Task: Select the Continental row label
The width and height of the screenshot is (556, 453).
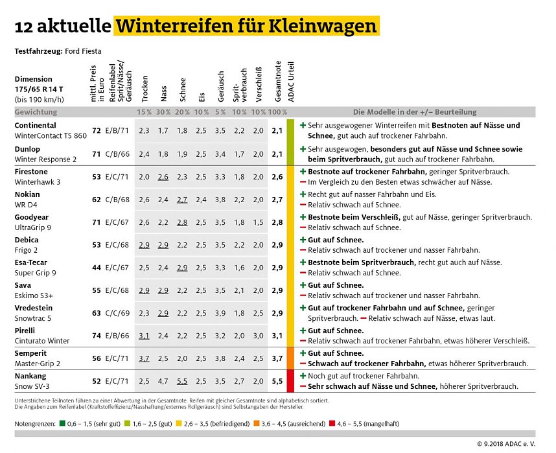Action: [35, 125]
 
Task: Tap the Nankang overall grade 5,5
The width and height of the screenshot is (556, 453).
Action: [277, 381]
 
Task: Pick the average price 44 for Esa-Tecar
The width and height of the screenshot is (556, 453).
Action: [97, 267]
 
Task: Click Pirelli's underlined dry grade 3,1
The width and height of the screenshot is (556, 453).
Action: [144, 336]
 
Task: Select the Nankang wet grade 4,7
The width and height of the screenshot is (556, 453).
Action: [163, 381]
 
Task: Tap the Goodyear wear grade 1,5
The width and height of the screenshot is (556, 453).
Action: [258, 222]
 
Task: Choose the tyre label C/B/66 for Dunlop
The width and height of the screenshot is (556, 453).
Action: [119, 154]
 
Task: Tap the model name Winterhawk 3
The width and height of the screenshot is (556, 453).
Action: [37, 182]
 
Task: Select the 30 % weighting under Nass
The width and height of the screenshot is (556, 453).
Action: [163, 112]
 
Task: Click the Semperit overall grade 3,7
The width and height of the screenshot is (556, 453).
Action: [277, 358]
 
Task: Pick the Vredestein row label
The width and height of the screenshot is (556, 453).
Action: [34, 308]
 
